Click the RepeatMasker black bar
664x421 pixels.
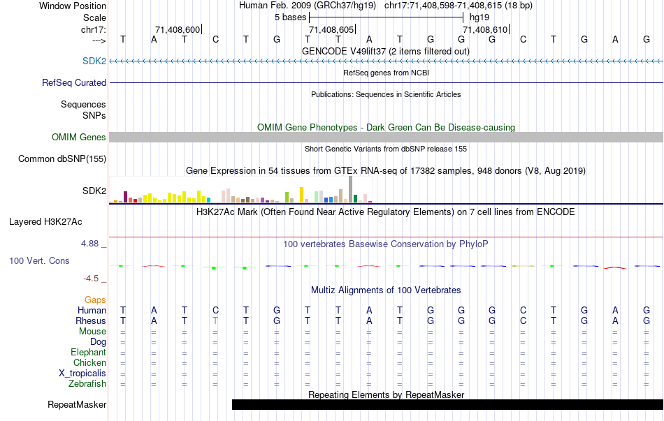tap(447, 404)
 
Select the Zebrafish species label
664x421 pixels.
tap(87, 383)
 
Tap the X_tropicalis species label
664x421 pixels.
tap(82, 373)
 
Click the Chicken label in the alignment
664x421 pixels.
tap(90, 362)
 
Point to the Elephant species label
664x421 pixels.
tap(88, 352)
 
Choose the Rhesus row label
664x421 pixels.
tap(91, 320)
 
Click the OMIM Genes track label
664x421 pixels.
tap(79, 138)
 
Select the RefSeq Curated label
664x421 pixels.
tap(74, 82)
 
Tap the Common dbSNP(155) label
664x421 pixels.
tap(62, 159)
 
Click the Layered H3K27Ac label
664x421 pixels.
tap(45, 222)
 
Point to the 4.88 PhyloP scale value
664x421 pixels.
tap(91, 244)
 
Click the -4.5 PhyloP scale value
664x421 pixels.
tap(93, 278)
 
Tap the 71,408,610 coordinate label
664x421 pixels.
tap(485, 29)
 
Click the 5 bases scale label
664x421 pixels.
tap(289, 16)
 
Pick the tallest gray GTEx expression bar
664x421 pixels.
tap(350, 189)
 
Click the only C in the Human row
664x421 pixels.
tap(216, 310)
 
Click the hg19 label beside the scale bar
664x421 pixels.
tap(479, 16)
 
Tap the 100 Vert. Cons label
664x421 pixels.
tap(39, 260)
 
